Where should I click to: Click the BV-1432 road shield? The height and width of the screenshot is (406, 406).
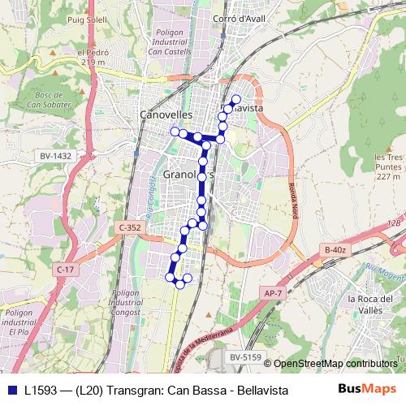pos(55,155)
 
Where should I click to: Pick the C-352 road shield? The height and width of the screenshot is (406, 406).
pos(129,228)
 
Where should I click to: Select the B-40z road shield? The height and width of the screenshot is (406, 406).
pos(335,249)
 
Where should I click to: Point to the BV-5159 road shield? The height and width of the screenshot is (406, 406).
pos(244,356)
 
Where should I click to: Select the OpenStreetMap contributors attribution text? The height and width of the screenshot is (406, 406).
pos(335,363)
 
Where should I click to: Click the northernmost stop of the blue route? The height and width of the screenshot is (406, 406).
pos(237,99)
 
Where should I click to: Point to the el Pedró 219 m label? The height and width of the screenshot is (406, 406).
pos(93,57)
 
